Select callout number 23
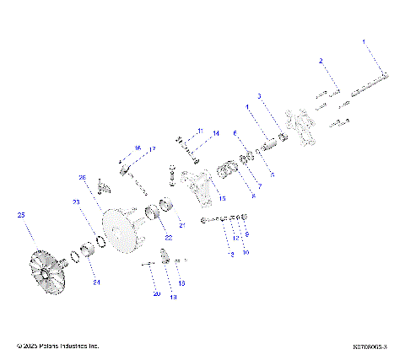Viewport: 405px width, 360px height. click(75, 202)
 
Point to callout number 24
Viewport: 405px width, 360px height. click(95, 282)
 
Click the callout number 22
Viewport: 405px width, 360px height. click(169, 239)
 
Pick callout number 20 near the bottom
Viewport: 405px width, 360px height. click(156, 294)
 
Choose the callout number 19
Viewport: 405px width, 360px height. click(174, 297)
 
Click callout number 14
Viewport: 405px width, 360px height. click(215, 133)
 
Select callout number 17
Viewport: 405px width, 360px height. click(153, 149)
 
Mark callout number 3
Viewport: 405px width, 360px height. click(259, 96)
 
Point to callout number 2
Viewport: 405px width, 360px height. click(321, 62)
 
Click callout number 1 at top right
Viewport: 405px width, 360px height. click(364, 40)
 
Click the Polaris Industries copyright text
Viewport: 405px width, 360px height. click(58, 346)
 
